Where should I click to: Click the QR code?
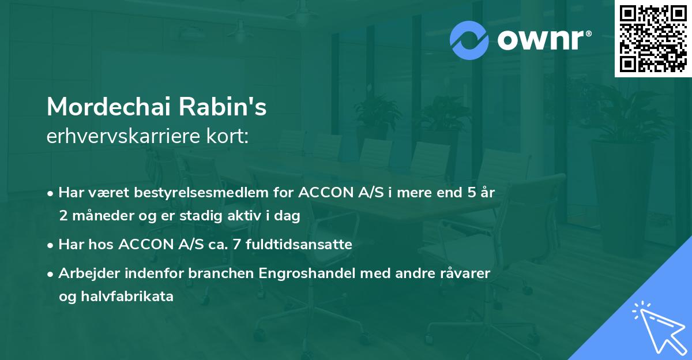pos(653,39)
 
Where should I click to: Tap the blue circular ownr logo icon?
pos(469,40)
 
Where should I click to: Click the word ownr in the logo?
pos(541,40)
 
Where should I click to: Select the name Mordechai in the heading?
pos(110,107)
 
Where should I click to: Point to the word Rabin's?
pos(223,107)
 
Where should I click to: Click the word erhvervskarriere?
pos(123,136)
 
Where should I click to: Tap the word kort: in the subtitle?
pos(227,136)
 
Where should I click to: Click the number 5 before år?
pos(472,193)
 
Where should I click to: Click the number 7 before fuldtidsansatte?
pos(236,245)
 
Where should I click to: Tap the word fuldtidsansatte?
pos(299,244)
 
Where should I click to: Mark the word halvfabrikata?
pos(127,297)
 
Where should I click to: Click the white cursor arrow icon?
pos(660,328)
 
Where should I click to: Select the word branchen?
pos(221,273)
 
